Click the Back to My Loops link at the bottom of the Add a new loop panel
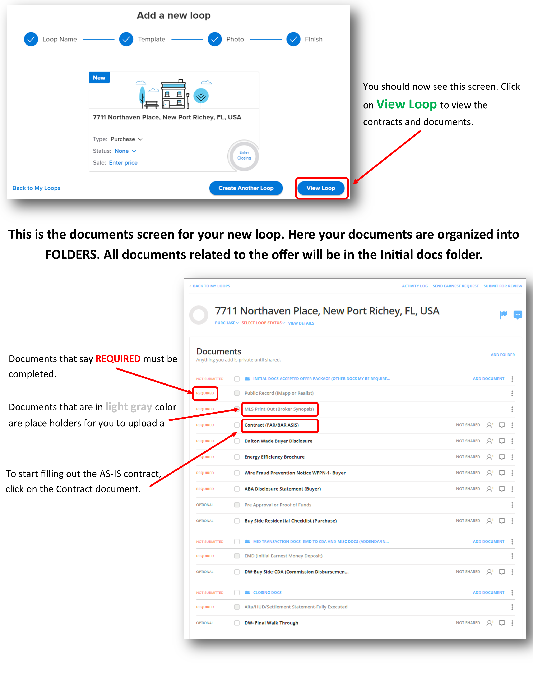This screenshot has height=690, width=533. pyautogui.click(x=36, y=188)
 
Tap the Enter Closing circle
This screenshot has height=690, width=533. pyautogui.click(x=244, y=155)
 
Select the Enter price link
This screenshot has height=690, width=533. pyautogui.click(x=123, y=163)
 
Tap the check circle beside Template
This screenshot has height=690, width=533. pyautogui.click(x=126, y=39)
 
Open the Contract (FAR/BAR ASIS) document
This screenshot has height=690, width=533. pyautogui.click(x=272, y=425)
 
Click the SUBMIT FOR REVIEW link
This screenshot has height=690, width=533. pyautogui.click(x=503, y=286)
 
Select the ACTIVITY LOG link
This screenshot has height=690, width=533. pyautogui.click(x=415, y=286)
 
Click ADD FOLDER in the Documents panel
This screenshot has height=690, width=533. pyautogui.click(x=503, y=355)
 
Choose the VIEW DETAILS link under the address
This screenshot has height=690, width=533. pyautogui.click(x=301, y=323)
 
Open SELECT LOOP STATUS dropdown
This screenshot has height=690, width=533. pyautogui.click(x=263, y=323)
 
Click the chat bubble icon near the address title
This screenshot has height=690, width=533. pyautogui.click(x=518, y=315)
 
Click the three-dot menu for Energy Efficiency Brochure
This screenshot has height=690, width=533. pyautogui.click(x=512, y=457)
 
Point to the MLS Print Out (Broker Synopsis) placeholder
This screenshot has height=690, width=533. pyautogui.click(x=279, y=409)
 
